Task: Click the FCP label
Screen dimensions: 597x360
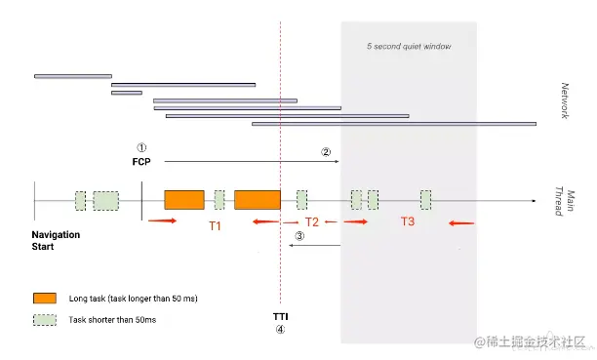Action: (x=141, y=162)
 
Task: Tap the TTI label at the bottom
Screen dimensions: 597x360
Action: (x=281, y=316)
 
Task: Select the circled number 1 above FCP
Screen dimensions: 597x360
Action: (x=141, y=147)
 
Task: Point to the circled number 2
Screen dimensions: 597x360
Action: (x=326, y=152)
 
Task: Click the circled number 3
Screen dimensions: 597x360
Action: (x=299, y=236)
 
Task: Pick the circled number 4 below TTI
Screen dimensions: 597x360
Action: (x=280, y=330)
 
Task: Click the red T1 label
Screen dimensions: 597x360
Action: (x=216, y=226)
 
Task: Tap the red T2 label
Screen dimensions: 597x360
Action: (x=312, y=221)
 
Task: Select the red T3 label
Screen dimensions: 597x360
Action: (x=408, y=221)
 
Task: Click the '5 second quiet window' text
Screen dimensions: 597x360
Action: (x=409, y=47)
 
